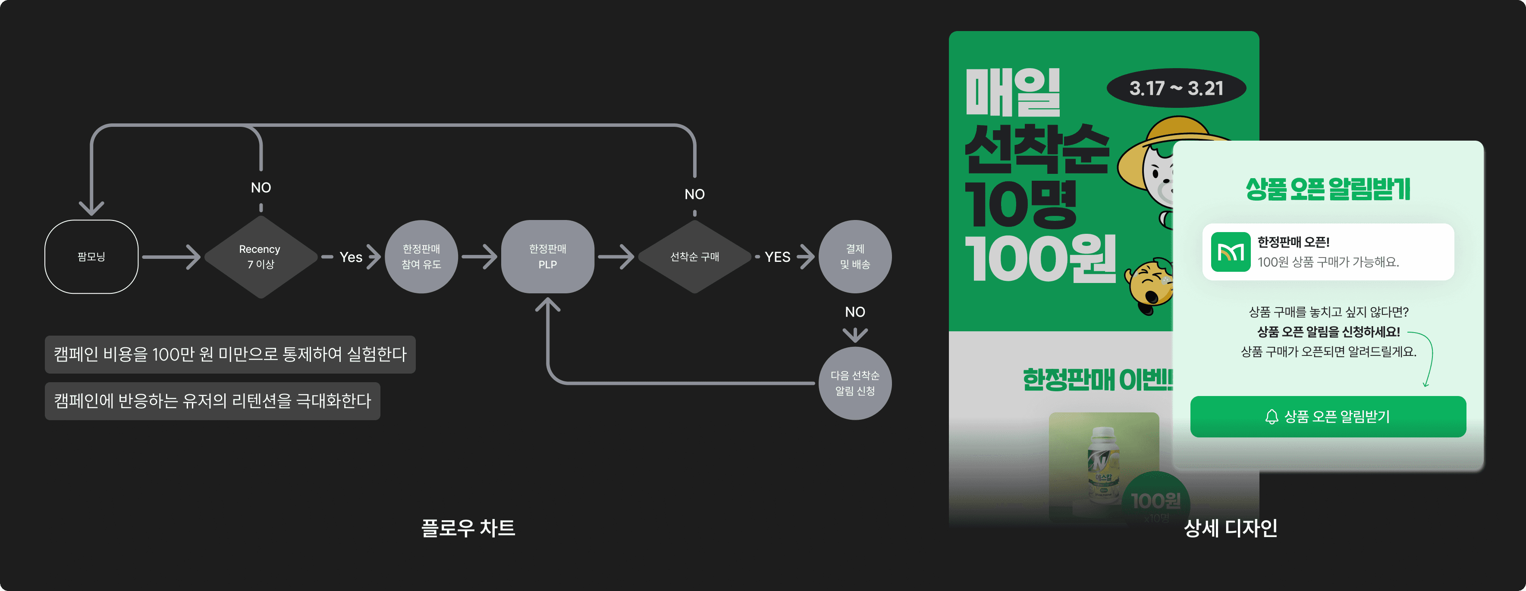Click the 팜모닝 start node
click(91, 257)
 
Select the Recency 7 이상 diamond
click(261, 257)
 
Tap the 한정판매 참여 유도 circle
click(421, 257)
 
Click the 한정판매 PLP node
click(547, 257)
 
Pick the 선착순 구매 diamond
click(694, 257)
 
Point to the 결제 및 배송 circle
click(855, 257)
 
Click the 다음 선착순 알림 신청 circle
click(855, 383)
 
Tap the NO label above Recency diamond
click(261, 188)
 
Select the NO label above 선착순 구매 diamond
click(694, 195)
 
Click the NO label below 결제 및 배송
click(855, 312)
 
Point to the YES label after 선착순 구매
click(777, 257)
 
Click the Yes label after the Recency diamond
click(351, 257)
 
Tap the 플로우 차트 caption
click(468, 528)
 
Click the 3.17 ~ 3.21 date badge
click(1176, 88)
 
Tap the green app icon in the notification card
click(1231, 252)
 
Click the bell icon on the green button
click(1271, 417)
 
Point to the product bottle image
click(1103, 465)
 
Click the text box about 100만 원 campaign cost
click(230, 355)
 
